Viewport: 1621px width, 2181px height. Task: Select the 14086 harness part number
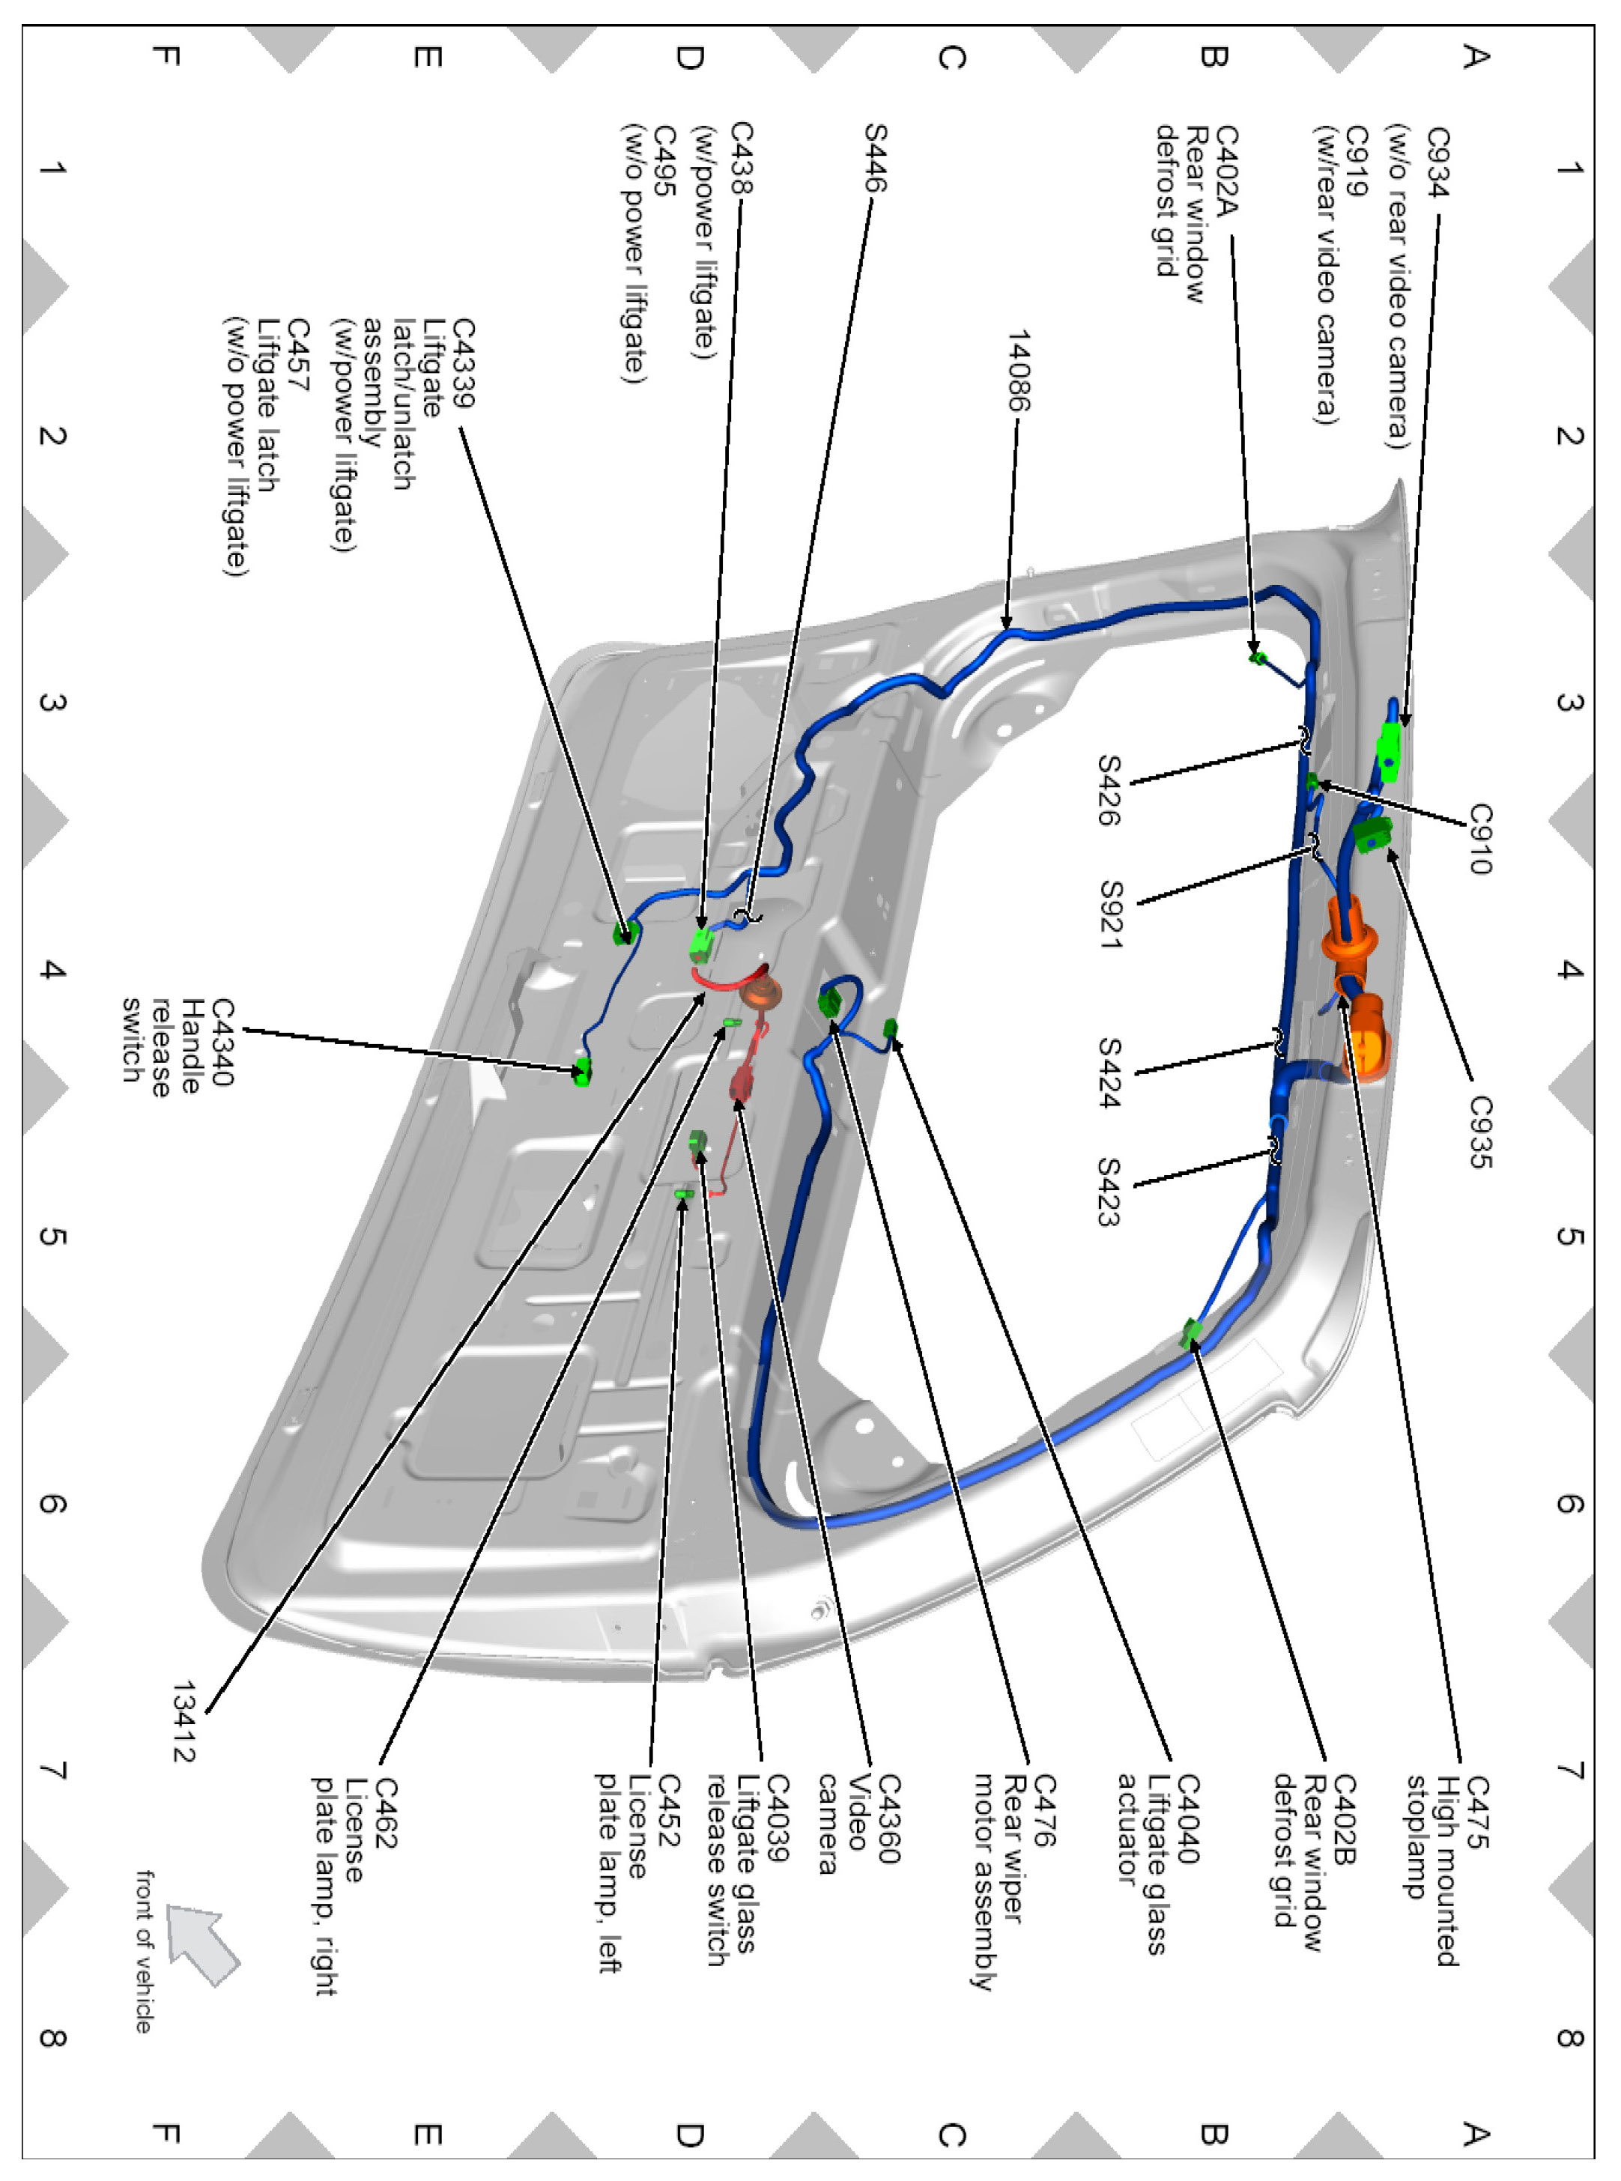click(x=1019, y=371)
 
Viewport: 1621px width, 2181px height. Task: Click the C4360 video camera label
click(x=887, y=1817)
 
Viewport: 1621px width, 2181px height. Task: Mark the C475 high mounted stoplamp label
click(x=1476, y=1811)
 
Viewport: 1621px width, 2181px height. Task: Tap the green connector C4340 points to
click(x=582, y=1073)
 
